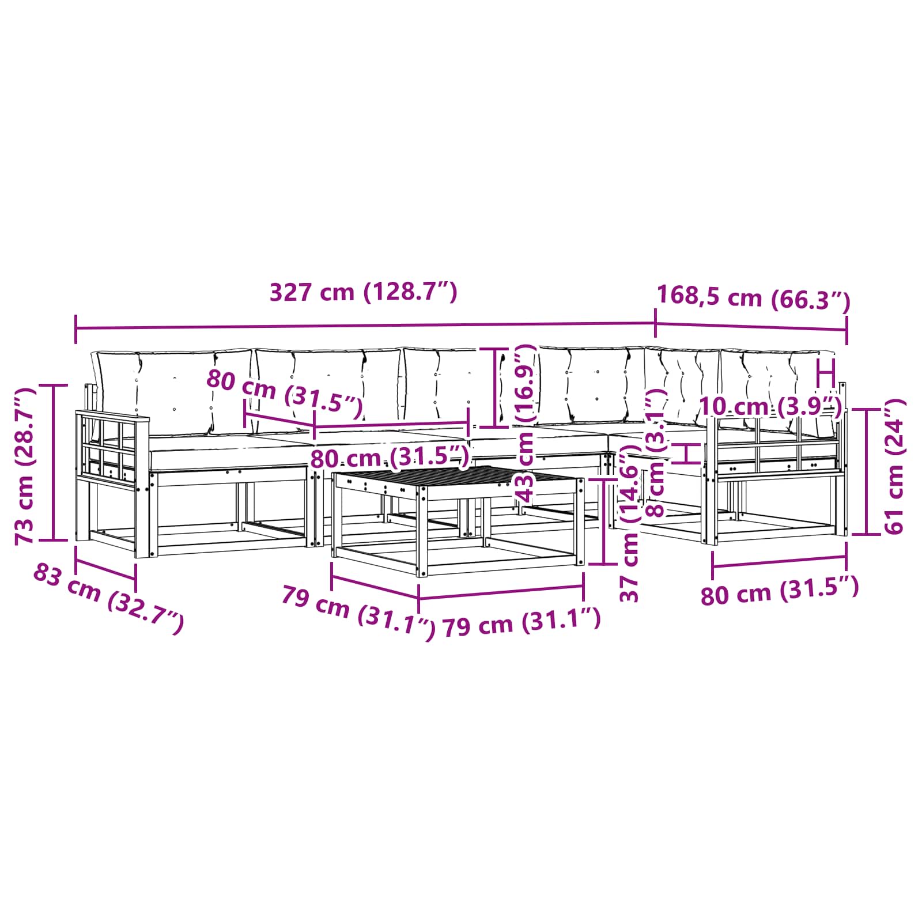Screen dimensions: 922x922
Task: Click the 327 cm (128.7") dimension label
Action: pos(364,292)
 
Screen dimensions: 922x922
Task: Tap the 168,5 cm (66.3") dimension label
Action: pos(754,298)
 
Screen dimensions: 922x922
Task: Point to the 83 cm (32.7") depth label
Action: pos(109,599)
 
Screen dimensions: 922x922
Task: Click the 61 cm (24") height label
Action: pos(895,466)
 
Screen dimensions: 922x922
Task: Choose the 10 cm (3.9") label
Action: pos(770,407)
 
